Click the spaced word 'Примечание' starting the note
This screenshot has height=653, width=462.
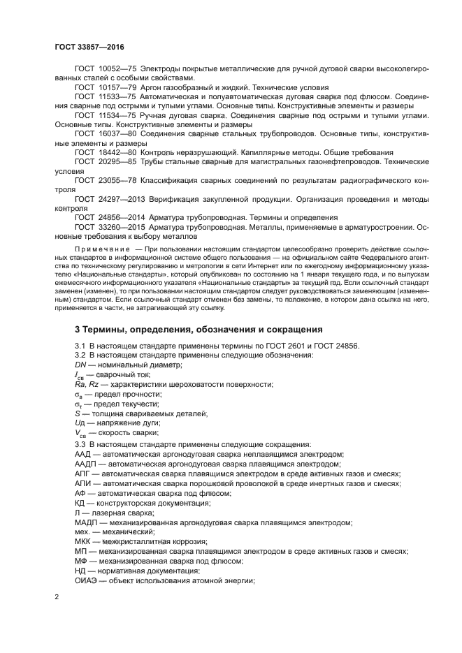(x=103, y=249)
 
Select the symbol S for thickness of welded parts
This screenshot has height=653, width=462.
(x=78, y=414)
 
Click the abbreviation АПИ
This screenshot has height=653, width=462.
(x=83, y=483)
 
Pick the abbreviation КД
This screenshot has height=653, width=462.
(x=80, y=503)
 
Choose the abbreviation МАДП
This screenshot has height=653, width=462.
(x=87, y=522)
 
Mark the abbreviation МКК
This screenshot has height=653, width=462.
(x=82, y=542)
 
